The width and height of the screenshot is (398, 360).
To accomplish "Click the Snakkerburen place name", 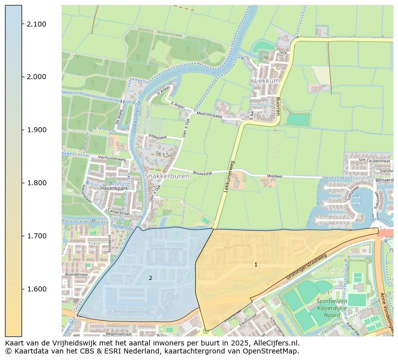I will [163, 176].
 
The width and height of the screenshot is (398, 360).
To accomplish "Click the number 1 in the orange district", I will [256, 264].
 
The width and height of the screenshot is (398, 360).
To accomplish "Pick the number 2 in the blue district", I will [150, 278].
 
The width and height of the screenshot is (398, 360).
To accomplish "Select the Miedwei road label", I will [275, 176].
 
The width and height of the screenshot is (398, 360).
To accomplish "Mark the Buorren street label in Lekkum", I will [277, 106].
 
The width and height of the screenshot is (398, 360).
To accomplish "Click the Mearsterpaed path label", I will [209, 115].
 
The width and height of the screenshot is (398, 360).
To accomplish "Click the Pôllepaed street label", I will [157, 137].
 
